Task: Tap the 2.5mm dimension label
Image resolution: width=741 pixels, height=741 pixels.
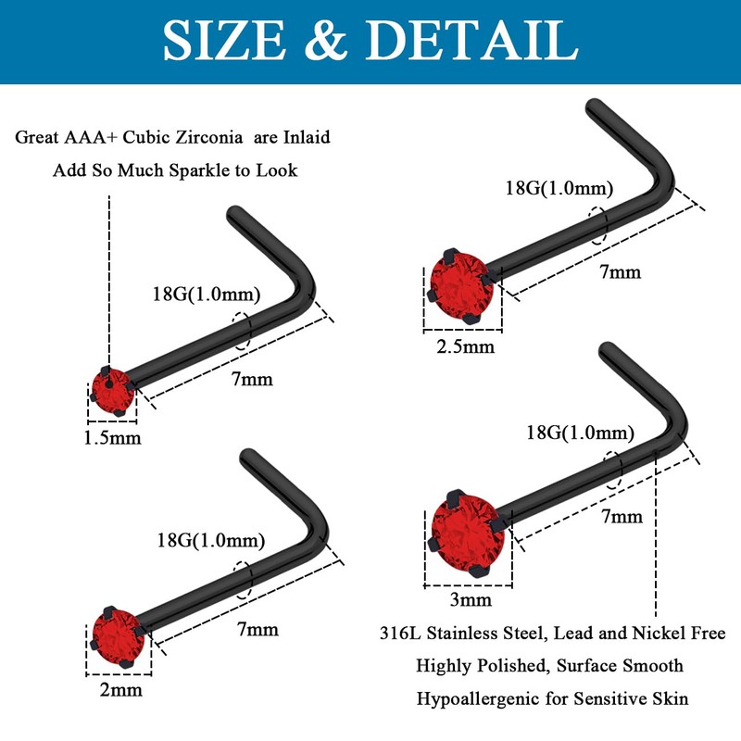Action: click(465, 347)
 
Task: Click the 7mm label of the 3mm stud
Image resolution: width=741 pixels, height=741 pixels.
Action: click(622, 516)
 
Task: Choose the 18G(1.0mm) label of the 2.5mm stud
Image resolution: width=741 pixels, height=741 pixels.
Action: click(559, 189)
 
